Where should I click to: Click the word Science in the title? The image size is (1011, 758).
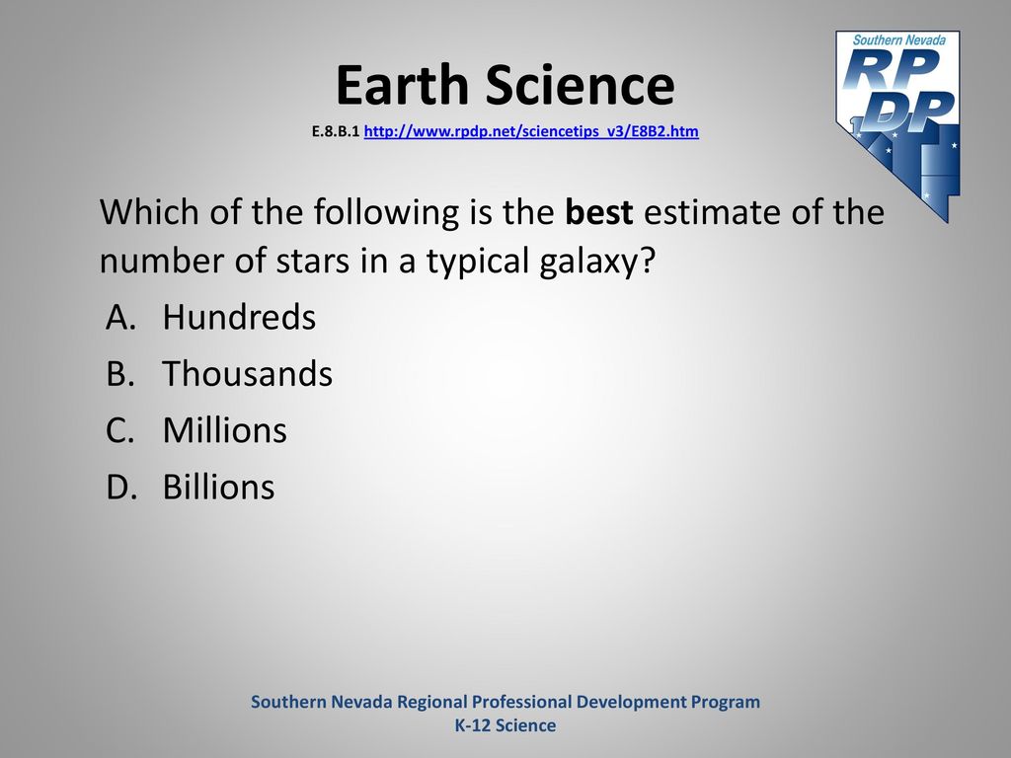pos(580,85)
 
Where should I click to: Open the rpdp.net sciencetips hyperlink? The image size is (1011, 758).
pos(531,131)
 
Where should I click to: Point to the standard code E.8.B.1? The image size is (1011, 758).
pos(336,131)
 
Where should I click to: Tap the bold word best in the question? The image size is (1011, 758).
pos(599,211)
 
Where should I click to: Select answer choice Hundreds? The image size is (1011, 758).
pos(239,317)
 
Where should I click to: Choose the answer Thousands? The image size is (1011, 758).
pos(248,374)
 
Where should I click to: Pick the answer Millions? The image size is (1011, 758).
pos(225,430)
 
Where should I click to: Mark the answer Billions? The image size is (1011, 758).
pos(218,488)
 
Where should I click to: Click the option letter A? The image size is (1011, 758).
pos(120,317)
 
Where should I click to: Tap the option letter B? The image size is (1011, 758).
pos(120,374)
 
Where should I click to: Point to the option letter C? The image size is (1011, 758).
pos(120,430)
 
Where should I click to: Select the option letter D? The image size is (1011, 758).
pos(121,488)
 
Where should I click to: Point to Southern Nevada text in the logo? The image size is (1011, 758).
pos(898,39)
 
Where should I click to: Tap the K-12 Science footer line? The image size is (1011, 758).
pos(505,725)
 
